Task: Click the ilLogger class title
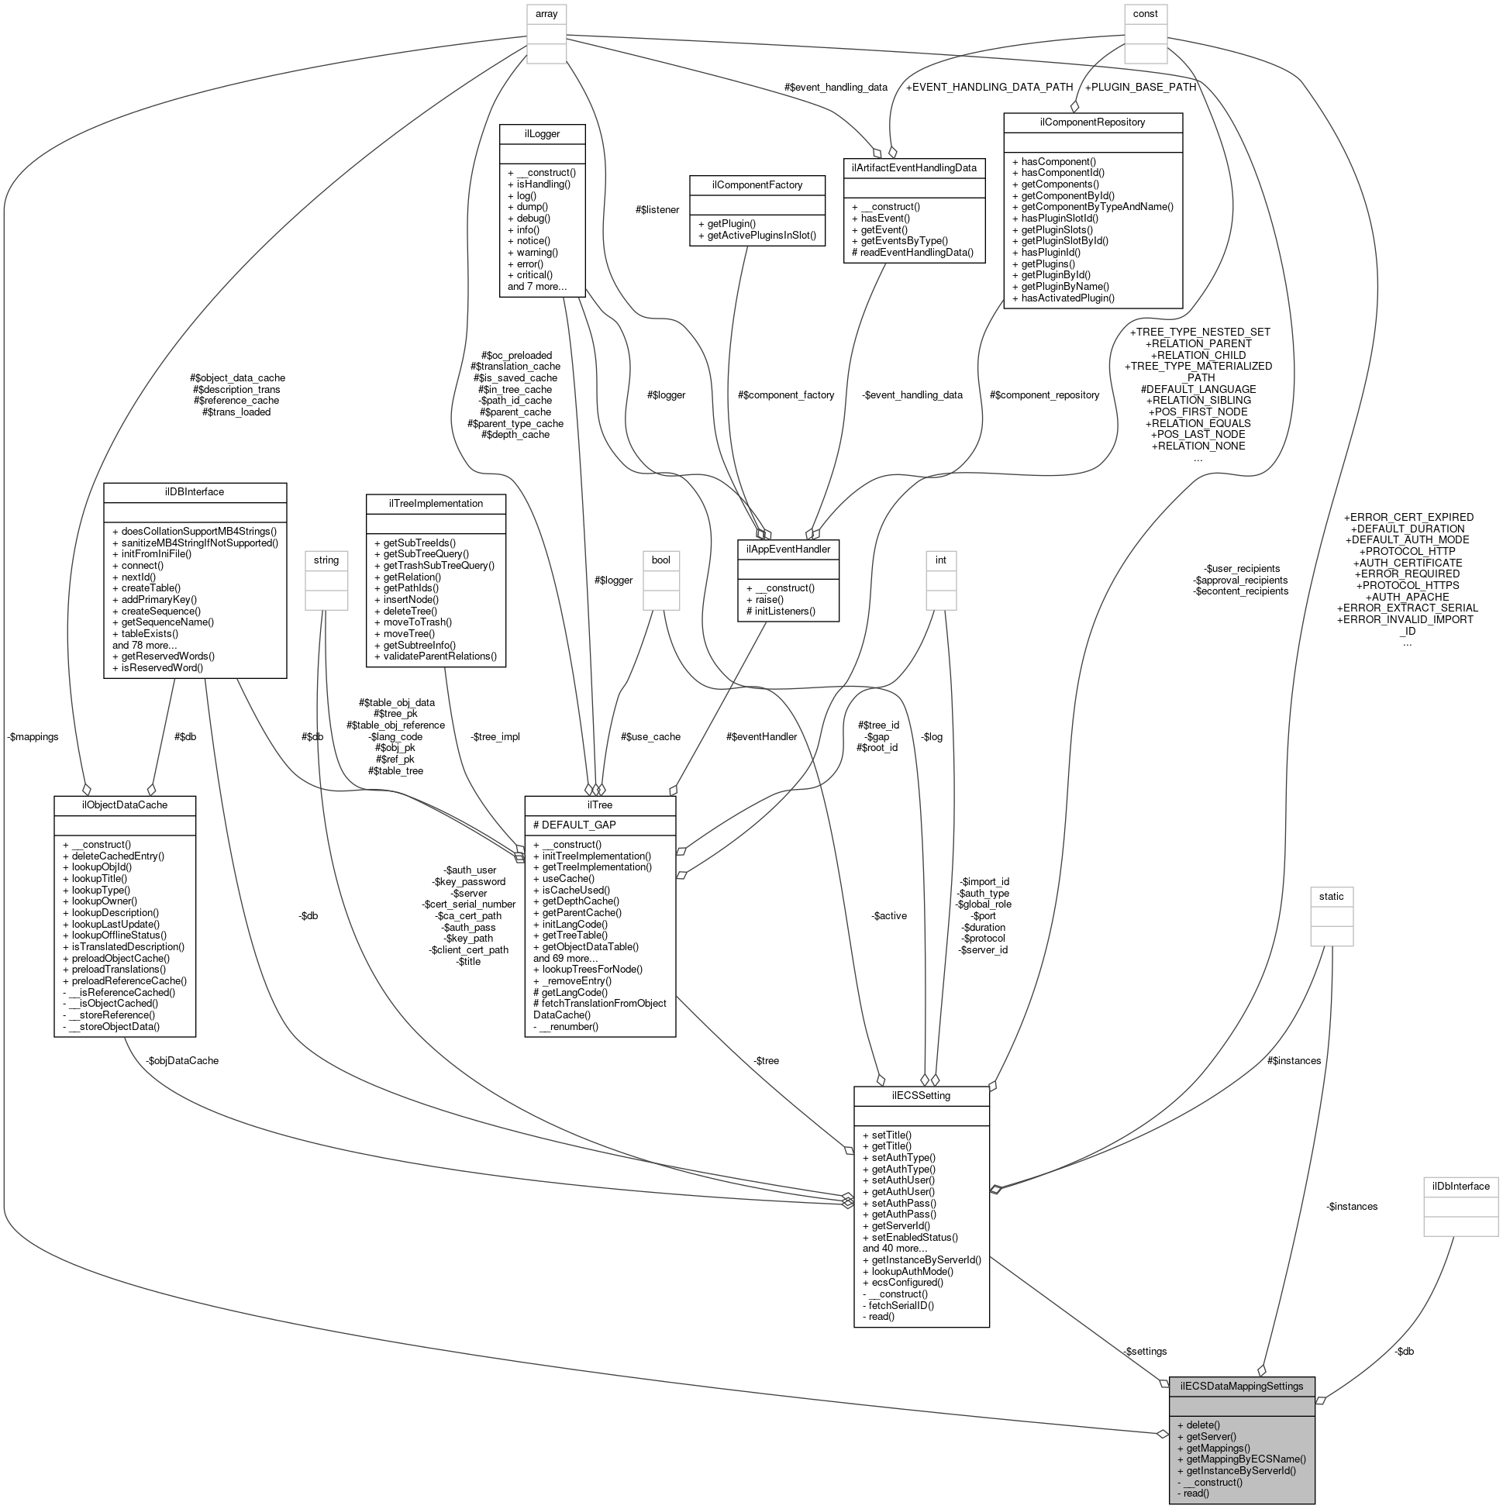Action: pyautogui.click(x=542, y=133)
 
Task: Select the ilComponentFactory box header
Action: pyautogui.click(x=757, y=184)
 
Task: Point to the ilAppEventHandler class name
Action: pyautogui.click(x=788, y=549)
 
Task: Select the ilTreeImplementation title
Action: pyautogui.click(x=436, y=503)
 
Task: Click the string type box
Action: pyautogui.click(x=326, y=560)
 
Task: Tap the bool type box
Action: pyautogui.click(x=661, y=560)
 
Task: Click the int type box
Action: pyautogui.click(x=940, y=560)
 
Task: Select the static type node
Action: pyautogui.click(x=1331, y=896)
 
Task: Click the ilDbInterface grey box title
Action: pyautogui.click(x=1460, y=1186)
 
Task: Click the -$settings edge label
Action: pyautogui.click(x=1144, y=1350)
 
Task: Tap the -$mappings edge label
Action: pyautogui.click(x=33, y=736)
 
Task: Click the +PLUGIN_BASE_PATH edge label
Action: pyautogui.click(x=1139, y=87)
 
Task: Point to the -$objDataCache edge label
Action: pyautogui.click(x=182, y=1061)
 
